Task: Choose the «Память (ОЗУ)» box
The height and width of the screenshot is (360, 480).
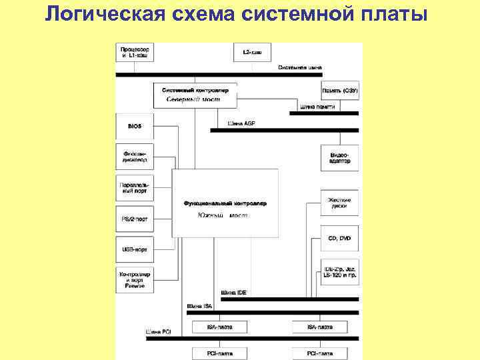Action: pos(340,91)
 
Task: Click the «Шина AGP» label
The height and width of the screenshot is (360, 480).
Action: pos(241,124)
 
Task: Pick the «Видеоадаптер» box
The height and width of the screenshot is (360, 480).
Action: pos(340,158)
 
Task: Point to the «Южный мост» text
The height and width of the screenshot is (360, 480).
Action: pos(223,215)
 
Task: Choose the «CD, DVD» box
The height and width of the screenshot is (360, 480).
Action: pos(340,238)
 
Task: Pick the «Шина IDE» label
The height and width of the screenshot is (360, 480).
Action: pos(233,293)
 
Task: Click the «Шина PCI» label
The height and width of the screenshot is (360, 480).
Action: pos(158,331)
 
